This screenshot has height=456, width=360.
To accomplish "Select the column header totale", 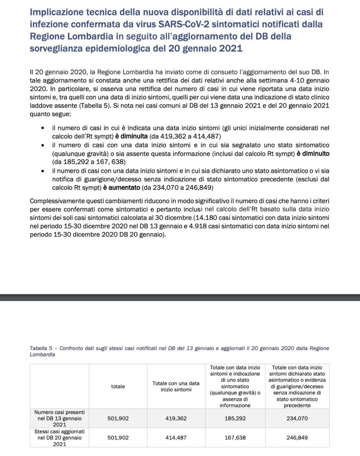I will (118, 387).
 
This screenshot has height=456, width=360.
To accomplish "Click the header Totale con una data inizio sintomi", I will (176, 387).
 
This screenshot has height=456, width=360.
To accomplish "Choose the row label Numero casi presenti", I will (59, 412).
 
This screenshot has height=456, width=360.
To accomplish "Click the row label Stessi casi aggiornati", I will (59, 432).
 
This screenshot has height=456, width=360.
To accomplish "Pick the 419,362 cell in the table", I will (176, 419).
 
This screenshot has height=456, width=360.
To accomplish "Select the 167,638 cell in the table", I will (235, 438).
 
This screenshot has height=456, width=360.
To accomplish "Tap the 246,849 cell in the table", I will (297, 438).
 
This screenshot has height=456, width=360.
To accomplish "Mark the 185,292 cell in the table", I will (235, 419).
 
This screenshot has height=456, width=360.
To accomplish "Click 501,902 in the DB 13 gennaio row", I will (118, 419).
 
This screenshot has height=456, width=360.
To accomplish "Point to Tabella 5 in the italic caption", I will (41, 348).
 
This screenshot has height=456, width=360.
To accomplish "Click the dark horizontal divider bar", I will (180, 297).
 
